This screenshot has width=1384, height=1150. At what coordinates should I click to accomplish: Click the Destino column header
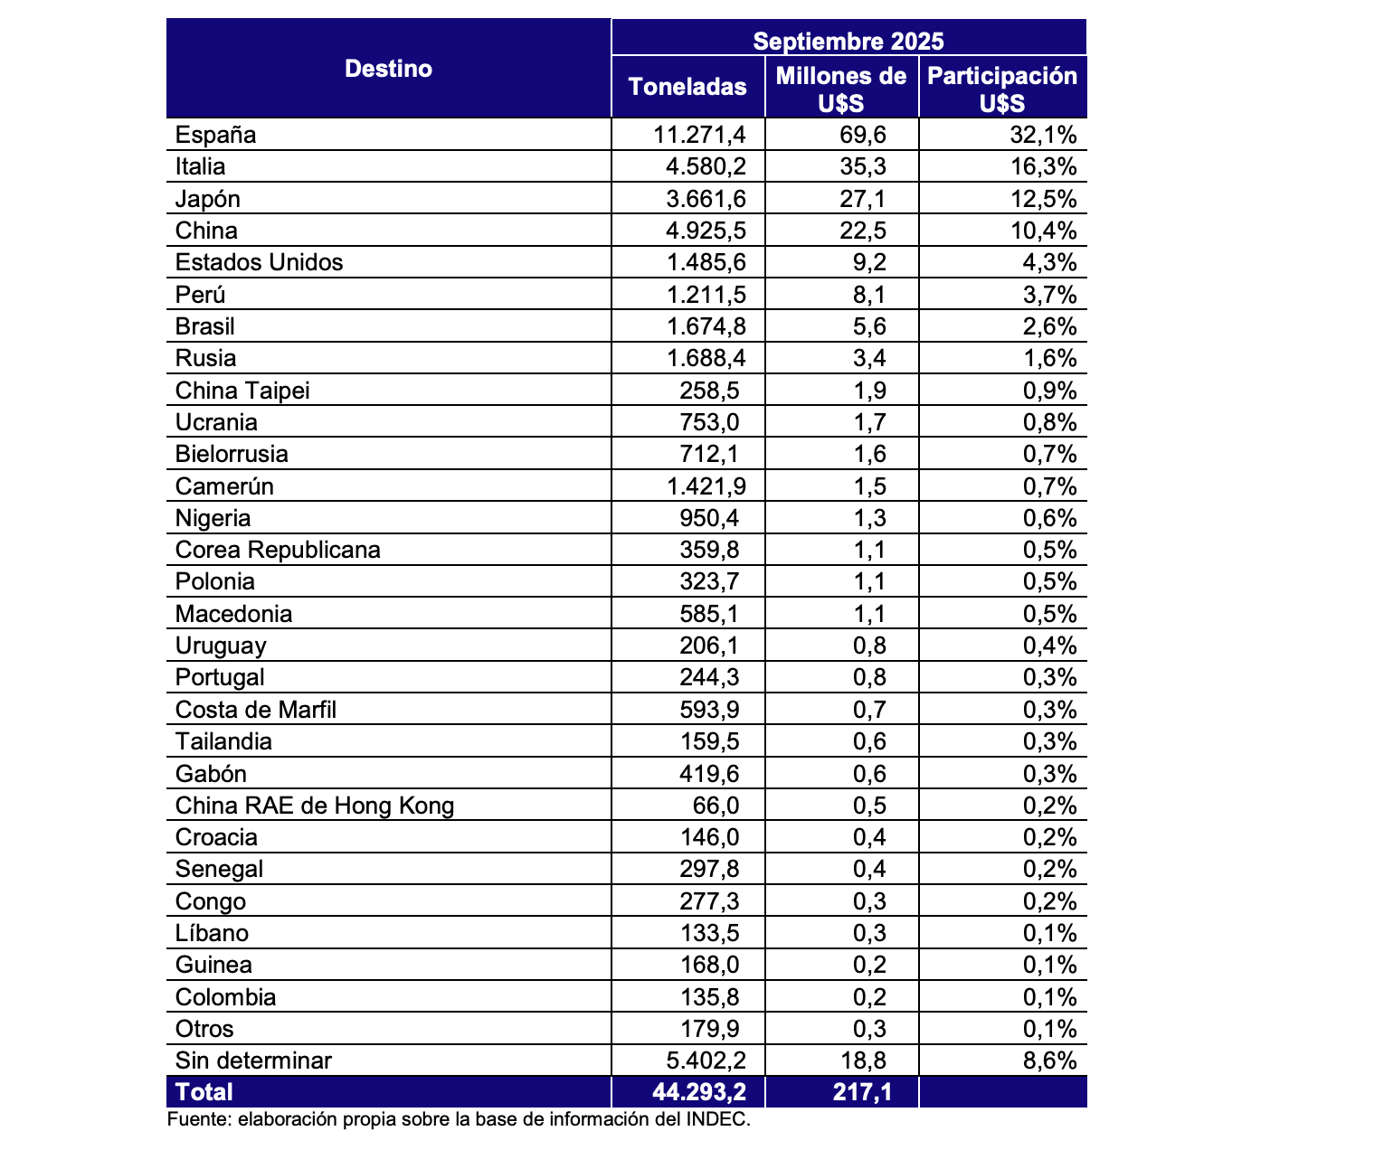tap(388, 69)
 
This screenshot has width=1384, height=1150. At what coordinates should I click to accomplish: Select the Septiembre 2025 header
tap(848, 41)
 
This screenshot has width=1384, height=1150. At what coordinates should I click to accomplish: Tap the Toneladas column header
tap(687, 87)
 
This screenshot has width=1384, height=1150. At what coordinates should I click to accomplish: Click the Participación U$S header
tap(1002, 88)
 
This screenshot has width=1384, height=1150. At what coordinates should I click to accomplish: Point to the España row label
tap(216, 136)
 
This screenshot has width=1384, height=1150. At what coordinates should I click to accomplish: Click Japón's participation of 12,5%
tap(1043, 199)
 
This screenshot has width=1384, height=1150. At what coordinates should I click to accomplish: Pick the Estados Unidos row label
tap(260, 263)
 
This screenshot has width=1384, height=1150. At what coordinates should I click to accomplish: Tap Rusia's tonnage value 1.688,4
tap(706, 359)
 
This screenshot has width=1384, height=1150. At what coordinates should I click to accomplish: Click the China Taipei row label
tap(242, 391)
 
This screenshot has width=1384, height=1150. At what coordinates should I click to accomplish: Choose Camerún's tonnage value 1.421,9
tap(706, 486)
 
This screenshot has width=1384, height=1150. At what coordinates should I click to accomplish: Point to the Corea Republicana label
tap(278, 551)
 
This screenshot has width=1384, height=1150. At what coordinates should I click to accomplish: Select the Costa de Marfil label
tap(256, 710)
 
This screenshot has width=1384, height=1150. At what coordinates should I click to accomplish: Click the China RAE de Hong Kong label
tap(315, 806)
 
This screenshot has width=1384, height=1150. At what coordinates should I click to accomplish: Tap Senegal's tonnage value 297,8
tap(715, 870)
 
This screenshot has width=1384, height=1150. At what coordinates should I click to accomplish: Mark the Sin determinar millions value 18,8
tap(869, 1061)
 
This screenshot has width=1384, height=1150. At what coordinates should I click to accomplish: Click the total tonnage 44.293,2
tap(699, 1092)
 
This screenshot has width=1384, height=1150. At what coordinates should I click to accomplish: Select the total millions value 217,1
tap(862, 1092)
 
